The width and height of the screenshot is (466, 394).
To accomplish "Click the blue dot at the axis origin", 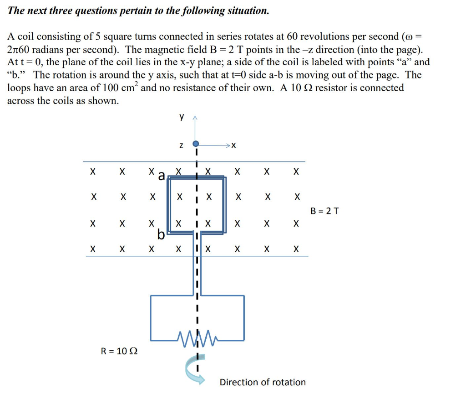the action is point(196,144).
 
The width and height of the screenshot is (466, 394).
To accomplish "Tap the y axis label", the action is point(182,117).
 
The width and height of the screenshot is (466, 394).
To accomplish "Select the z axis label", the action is point(181,145).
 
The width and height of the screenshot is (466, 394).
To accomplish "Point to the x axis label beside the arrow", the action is point(233,145).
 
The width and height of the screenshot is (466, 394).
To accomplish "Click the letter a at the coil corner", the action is point(161,176).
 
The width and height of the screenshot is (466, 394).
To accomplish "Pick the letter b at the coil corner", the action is point(160,234).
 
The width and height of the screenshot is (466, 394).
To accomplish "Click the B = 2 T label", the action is point(324,211).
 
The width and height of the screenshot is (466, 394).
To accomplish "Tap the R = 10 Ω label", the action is point(119,351).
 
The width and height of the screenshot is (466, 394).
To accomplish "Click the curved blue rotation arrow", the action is point(191,367).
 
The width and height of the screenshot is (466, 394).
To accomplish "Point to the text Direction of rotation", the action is point(263,382).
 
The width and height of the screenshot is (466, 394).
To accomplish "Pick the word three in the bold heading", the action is point(56,10).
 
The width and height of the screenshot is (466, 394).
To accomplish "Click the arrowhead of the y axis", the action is point(196,119).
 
